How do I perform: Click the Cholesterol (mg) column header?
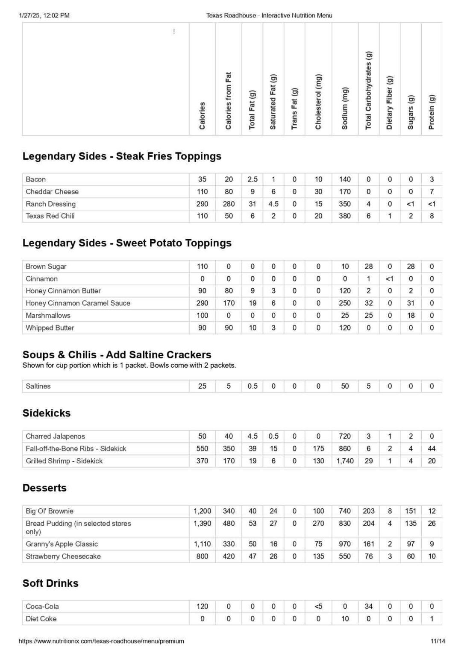pyautogui.click(x=318, y=102)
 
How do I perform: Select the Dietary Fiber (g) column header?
pyautogui.click(x=389, y=102)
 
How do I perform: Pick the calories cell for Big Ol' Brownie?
pyautogui.click(x=202, y=511)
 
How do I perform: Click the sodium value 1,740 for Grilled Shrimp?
pyautogui.click(x=345, y=461)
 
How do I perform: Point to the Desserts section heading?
pyautogui.click(x=44, y=488)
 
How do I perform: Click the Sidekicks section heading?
pyautogui.click(x=47, y=413)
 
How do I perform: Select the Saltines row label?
pyautogui.click(x=38, y=386)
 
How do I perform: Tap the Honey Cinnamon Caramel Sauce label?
pyautogui.click(x=78, y=303)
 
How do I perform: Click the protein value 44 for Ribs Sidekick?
pyautogui.click(x=432, y=449)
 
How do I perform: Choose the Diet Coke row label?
pyautogui.click(x=41, y=619)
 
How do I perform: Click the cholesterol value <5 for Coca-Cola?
pyautogui.click(x=318, y=606)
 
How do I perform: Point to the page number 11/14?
pyautogui.click(x=438, y=641)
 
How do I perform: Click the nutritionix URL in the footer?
pyautogui.click(x=101, y=641)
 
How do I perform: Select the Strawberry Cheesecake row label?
pyautogui.click(x=63, y=556)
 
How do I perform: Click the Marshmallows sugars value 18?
pyautogui.click(x=411, y=316)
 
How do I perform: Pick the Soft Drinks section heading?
pyautogui.click(x=50, y=583)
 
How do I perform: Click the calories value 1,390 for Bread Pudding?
pyautogui.click(x=202, y=524)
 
